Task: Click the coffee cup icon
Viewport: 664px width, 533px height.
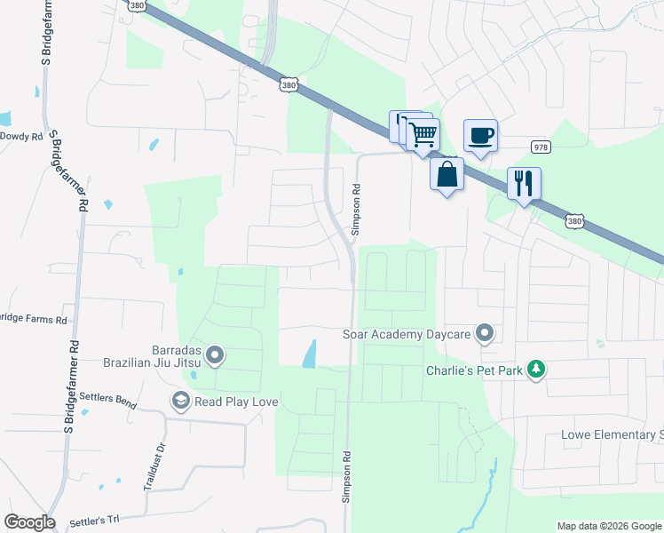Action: pos(480,135)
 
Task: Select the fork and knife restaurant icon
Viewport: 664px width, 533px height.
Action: pos(524,183)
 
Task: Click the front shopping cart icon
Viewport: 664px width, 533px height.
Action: pos(424,134)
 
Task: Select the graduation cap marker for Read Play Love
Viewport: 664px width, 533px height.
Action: pos(181,402)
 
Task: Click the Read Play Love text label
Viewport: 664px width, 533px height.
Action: pos(237,402)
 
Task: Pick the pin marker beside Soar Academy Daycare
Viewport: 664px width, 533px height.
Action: pos(485,334)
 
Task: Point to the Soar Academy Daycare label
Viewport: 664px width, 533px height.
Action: pos(406,335)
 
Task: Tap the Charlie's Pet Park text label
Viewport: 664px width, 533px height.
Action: pos(473,370)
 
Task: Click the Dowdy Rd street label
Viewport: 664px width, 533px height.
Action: pos(21,136)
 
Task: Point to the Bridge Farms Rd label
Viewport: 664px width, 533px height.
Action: pos(34,318)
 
